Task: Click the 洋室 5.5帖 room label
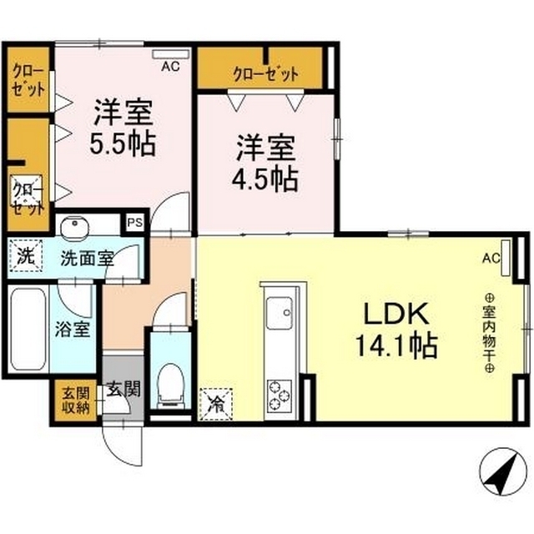[123, 127]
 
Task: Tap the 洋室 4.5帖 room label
[265, 163]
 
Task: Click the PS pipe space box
[135, 223]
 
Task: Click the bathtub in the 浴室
[28, 329]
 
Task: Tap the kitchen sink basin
[280, 313]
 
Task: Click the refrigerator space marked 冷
[216, 405]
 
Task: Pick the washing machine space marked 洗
[26, 255]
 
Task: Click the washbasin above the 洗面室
[74, 225]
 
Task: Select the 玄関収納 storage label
[76, 400]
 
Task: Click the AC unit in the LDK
[506, 258]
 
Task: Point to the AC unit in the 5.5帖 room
[170, 54]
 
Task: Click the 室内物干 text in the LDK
[489, 334]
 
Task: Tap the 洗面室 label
[87, 259]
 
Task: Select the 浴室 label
[73, 330]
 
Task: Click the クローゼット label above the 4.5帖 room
[265, 74]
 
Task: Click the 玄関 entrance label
[123, 389]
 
